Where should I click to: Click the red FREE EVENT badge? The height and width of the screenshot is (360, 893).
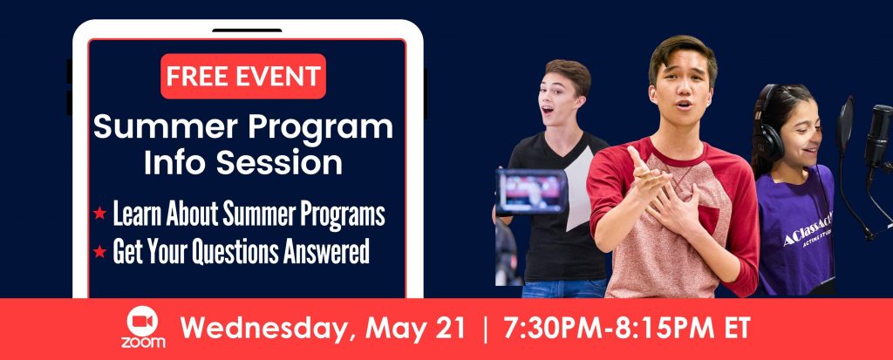[243, 77]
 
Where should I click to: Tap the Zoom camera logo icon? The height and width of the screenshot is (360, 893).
[142, 322]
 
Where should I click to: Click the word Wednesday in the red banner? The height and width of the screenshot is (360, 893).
[267, 329]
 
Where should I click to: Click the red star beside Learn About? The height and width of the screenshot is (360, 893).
[99, 214]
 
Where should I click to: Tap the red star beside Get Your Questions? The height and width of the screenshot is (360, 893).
[99, 251]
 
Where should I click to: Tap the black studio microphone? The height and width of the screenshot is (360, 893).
[878, 137]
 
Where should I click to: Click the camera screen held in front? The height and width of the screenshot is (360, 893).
[531, 192]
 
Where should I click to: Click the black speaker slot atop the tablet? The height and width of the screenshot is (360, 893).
[247, 31]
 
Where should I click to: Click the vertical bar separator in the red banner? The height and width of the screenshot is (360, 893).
[485, 329]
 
